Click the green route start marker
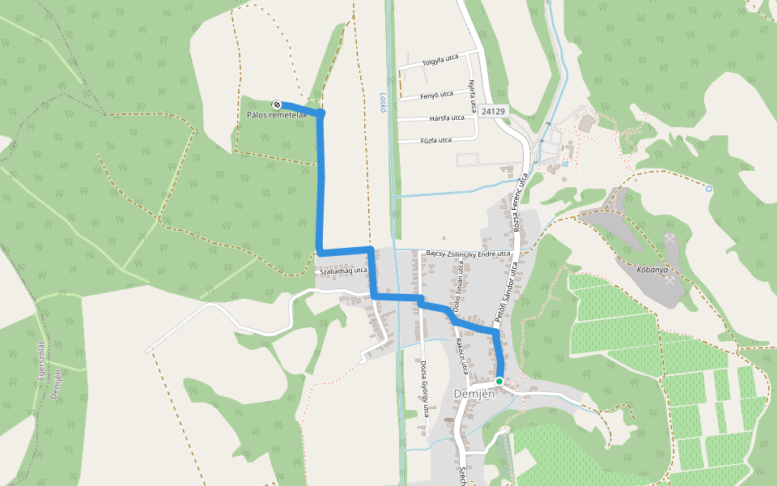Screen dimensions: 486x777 (499, 381)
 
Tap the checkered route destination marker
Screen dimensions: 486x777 (277, 104)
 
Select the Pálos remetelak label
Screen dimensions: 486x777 (277, 116)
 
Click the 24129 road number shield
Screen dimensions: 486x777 (492, 111)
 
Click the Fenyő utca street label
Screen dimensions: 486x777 (437, 96)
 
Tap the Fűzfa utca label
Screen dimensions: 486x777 (435, 141)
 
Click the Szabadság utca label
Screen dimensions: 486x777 (343, 271)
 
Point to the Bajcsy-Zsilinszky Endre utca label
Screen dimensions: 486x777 (468, 254)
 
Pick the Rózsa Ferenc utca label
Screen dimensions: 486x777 (520, 202)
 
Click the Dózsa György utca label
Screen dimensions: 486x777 (424, 388)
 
